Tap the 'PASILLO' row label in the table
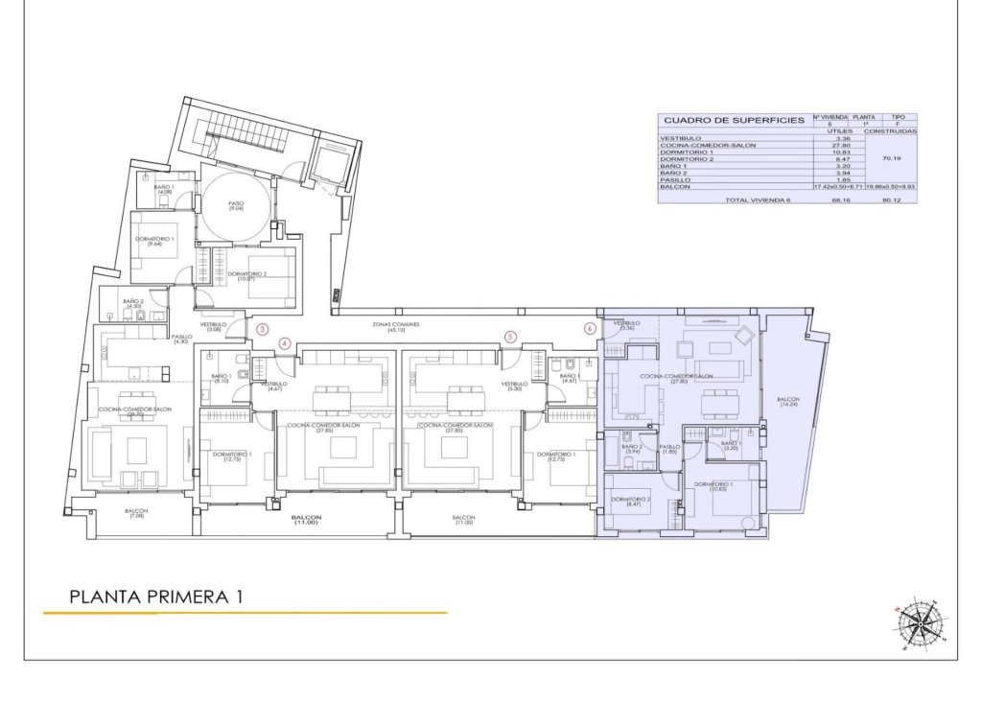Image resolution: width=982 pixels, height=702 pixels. pos(675,179)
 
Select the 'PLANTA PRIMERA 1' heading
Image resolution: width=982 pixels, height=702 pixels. pos(156,597)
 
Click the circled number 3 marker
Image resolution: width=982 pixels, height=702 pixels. pos(263,329)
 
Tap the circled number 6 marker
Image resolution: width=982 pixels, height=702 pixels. pos(589,328)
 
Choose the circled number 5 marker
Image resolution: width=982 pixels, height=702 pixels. pos(510,337)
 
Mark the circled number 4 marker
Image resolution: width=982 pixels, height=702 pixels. pos(284,342)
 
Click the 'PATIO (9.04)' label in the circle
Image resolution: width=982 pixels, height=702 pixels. pos(235,206)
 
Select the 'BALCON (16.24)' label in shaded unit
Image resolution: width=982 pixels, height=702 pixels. pos(787,402)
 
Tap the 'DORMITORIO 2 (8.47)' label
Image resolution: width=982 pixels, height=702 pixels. pos(631,502)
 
